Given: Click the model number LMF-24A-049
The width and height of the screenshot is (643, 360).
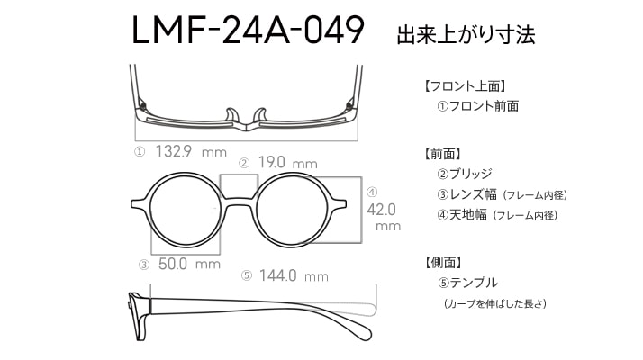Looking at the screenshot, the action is point(248,30).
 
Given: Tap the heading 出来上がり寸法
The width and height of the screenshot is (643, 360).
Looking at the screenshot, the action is point(466,35).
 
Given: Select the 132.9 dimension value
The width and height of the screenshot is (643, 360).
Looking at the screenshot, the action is point(174,151).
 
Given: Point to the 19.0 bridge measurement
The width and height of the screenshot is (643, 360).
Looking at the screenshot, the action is point(271,162).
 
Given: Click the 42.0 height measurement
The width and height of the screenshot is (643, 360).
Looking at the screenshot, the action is point(381,210).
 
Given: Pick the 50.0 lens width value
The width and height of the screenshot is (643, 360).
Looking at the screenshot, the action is point(173,264).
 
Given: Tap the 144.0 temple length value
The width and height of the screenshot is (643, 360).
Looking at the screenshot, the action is point(277,275).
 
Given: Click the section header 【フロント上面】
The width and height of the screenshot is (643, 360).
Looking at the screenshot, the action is point(465,86).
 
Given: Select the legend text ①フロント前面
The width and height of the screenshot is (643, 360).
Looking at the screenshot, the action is point(477,106).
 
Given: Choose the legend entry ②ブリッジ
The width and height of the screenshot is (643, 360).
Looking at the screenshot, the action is point(464,174).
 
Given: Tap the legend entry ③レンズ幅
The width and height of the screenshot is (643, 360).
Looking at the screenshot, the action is point(466,193).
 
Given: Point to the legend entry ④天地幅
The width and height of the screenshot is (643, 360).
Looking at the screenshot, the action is point(462,214).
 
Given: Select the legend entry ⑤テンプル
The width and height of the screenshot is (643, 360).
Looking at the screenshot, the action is point(467,283).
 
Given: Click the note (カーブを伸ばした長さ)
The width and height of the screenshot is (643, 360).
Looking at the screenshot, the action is point(495,304).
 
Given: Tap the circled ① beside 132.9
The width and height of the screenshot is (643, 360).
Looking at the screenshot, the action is point(140,152).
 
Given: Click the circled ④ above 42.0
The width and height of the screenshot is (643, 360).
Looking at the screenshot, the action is point(372,192).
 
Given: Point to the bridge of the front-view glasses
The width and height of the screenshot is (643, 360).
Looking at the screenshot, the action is point(239,201).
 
